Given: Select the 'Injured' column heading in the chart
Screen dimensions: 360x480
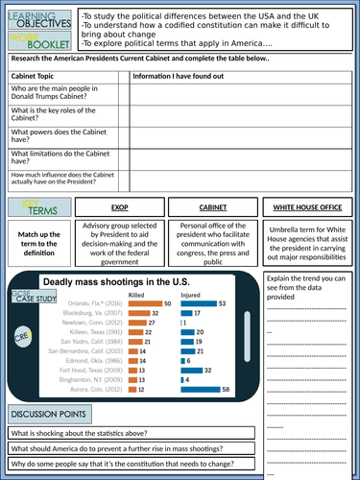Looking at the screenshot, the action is point(193,294).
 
